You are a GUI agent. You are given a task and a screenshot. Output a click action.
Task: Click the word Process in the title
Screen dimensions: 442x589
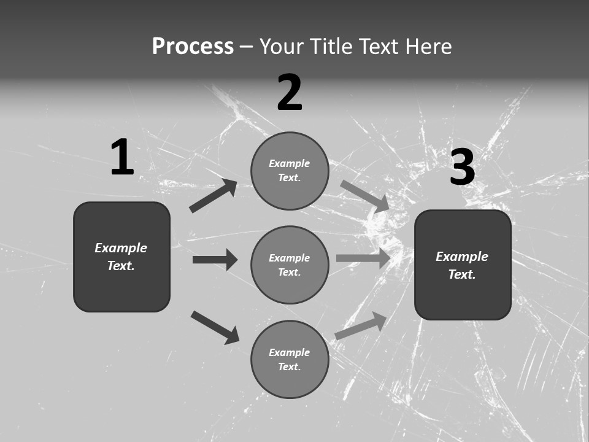pos(193,47)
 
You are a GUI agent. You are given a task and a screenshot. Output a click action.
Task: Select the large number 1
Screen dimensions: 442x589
pos(122,158)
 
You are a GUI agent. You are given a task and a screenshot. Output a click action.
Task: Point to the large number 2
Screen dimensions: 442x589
pos(290,93)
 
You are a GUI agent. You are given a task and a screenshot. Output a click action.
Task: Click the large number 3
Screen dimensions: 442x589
pos(462,168)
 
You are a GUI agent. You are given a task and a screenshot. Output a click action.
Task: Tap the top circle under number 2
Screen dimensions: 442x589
pos(290,171)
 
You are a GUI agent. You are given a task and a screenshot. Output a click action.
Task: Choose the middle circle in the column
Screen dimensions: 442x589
pos(290,265)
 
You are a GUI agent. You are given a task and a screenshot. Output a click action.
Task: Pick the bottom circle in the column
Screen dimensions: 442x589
pos(290,360)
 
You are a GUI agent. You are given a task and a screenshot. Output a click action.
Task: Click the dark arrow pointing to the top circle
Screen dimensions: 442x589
pos(213,196)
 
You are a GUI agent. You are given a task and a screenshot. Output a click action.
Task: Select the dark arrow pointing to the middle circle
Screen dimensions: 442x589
pos(215,260)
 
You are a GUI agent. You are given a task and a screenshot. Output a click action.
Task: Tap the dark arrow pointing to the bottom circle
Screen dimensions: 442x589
pos(215,327)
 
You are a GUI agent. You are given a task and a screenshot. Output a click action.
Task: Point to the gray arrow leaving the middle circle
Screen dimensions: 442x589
pos(363,258)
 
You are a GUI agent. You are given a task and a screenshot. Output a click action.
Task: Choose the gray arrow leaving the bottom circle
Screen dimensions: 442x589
pos(361,325)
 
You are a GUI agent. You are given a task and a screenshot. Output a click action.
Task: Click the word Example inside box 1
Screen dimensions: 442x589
pos(121,248)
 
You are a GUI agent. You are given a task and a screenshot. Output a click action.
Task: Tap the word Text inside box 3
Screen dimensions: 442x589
pos(462,274)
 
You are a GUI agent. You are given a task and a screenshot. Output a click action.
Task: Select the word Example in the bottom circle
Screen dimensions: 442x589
pos(290,352)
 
